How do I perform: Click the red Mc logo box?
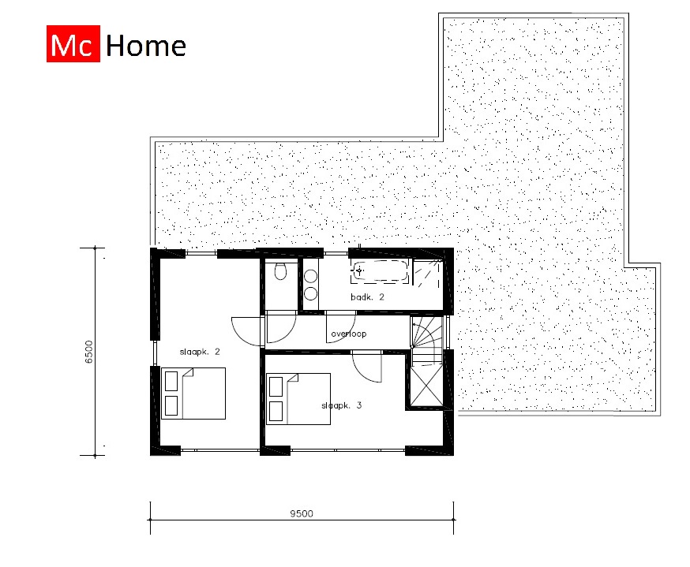(x=72, y=47)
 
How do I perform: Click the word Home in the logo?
(x=145, y=47)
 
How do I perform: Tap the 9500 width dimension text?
(x=301, y=513)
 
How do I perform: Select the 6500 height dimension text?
(x=89, y=352)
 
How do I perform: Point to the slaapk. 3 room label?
(x=341, y=405)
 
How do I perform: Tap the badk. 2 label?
(x=367, y=297)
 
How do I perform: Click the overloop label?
(x=349, y=334)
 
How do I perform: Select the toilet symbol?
(x=280, y=273)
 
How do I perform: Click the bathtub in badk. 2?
(x=381, y=271)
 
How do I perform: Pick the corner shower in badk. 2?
(x=429, y=272)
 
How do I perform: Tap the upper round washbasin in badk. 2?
(x=310, y=276)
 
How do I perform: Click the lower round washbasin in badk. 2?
(x=310, y=293)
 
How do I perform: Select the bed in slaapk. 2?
(x=193, y=393)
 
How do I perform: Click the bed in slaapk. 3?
(x=298, y=399)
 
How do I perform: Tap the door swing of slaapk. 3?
(x=367, y=365)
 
